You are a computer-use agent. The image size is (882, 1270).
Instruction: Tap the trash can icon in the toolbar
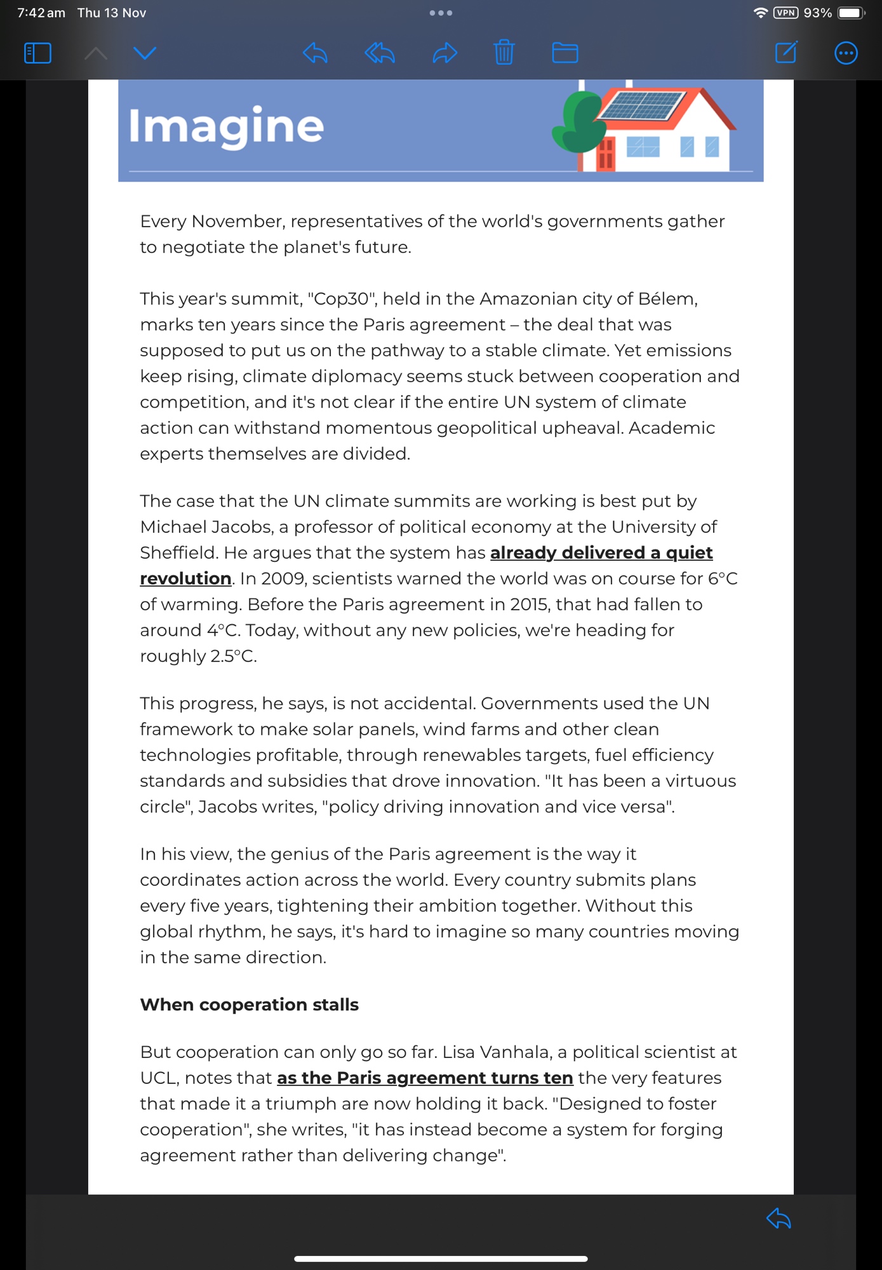(504, 53)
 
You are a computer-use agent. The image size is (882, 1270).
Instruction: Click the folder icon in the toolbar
(565, 53)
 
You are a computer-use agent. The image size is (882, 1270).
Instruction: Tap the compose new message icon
(786, 53)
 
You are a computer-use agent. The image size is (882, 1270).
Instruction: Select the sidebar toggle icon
(37, 53)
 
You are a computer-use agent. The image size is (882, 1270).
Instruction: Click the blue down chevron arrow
(145, 53)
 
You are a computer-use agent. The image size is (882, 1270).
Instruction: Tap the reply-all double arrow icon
(380, 53)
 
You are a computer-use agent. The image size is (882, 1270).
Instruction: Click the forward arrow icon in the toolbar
(444, 53)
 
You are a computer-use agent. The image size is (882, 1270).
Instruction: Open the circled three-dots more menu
(845, 53)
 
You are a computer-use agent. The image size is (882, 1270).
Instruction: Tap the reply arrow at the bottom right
(778, 1219)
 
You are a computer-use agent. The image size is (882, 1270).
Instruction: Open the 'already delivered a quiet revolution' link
(601, 553)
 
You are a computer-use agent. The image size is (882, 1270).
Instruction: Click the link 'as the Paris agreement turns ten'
(425, 1078)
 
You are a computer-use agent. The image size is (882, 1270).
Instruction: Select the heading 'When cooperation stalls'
(249, 1005)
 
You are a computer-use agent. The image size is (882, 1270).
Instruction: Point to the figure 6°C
(723, 579)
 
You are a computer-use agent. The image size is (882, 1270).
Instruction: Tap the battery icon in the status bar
(850, 13)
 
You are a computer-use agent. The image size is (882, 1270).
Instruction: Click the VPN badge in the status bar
(785, 13)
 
